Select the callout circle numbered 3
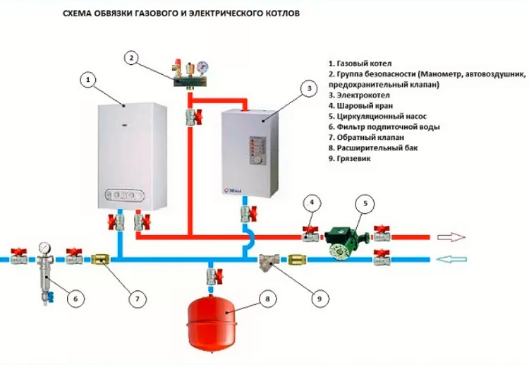tap(308, 89)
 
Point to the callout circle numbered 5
tap(365, 204)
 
